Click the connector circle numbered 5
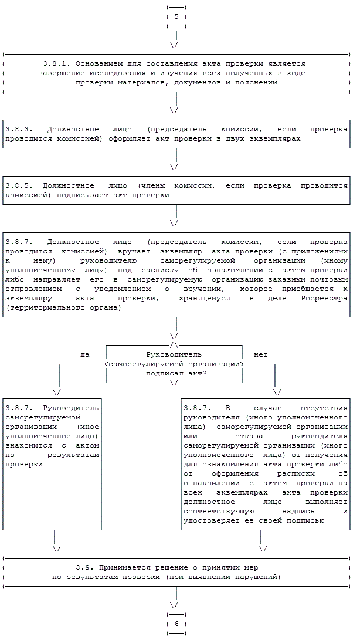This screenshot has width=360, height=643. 176,16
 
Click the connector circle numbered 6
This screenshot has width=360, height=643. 176,624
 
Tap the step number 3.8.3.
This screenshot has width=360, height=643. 17,128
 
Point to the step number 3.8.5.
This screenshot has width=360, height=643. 17,185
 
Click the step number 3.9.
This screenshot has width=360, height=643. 84,568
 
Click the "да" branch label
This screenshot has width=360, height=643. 84,355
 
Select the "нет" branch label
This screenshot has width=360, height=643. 260,355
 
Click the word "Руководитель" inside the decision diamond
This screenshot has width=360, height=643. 174,355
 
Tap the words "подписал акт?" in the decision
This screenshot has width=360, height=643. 174,374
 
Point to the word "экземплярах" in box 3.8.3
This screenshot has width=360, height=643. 277,139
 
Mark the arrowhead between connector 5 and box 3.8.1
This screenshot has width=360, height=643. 174,44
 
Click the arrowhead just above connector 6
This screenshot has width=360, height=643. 174,604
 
